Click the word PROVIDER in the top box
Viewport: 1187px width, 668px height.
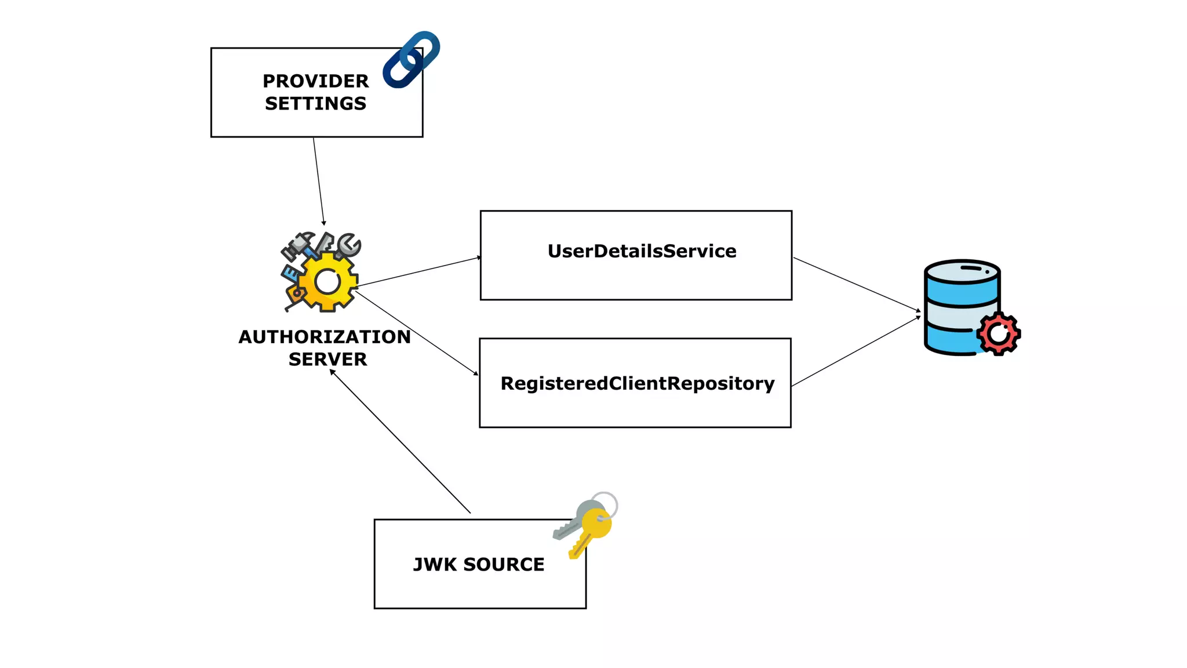click(315, 81)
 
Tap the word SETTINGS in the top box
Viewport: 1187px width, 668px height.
click(315, 104)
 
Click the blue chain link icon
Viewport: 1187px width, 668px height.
click(411, 60)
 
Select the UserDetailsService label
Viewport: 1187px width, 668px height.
click(642, 251)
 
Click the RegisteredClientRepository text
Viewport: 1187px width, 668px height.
click(637, 383)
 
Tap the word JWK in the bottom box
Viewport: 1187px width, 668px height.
click(435, 564)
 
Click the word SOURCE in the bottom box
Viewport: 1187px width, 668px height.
click(504, 564)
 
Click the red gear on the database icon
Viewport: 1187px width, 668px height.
click(998, 333)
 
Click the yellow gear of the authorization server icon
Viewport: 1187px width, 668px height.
click(328, 282)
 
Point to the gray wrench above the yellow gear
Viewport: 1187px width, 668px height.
click(348, 245)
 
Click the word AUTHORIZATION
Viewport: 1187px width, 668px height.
click(325, 337)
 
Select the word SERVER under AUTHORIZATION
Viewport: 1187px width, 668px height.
click(327, 360)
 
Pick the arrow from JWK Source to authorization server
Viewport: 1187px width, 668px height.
click(400, 441)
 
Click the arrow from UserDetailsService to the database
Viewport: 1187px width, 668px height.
click(857, 284)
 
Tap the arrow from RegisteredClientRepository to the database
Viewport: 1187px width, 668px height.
click(855, 351)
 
